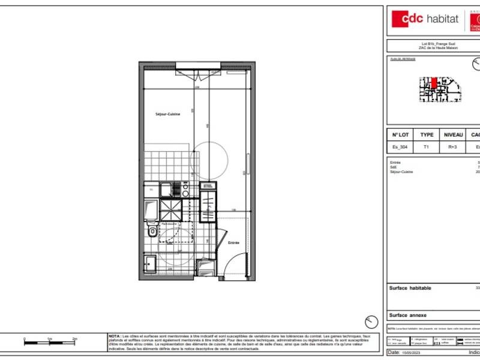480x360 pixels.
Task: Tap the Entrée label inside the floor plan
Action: [x=233, y=242]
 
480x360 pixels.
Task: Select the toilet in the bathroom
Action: [x=152, y=230]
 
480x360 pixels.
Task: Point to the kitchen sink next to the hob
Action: [x=185, y=190]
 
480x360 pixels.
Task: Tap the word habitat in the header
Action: [x=442, y=19]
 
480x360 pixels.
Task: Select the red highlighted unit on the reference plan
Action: [x=434, y=83]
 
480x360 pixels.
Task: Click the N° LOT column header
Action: [x=400, y=135]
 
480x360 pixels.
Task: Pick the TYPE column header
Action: [x=427, y=135]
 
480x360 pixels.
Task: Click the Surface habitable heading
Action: [x=410, y=288]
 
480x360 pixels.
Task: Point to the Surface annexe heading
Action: [x=408, y=315]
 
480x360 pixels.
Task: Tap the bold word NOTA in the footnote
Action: [x=114, y=336]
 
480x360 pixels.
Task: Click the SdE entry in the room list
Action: [x=394, y=167]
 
